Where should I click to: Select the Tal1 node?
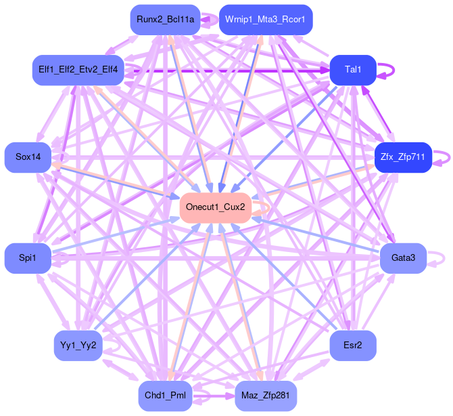click(x=352, y=70)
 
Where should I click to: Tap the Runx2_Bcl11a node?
click(x=165, y=20)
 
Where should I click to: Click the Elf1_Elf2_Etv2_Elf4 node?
click(x=78, y=70)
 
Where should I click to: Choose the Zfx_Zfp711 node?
click(x=402, y=157)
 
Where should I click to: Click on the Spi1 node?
click(x=27, y=257)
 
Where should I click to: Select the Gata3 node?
click(x=402, y=257)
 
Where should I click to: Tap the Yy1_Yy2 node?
click(x=78, y=346)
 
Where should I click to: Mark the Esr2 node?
click(x=352, y=346)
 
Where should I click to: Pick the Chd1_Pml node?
click(x=165, y=395)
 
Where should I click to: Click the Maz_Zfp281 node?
click(x=266, y=395)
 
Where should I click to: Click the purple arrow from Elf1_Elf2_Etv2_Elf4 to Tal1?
click(x=230, y=70)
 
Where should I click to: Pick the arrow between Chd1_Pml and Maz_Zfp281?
click(x=215, y=395)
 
